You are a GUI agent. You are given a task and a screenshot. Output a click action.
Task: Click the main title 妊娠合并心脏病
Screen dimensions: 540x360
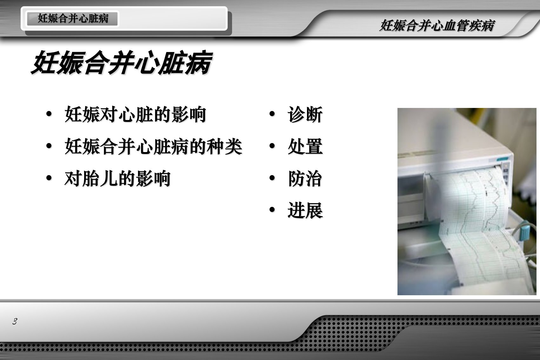point(122,63)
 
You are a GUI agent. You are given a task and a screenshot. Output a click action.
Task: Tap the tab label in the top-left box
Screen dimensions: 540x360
point(73,18)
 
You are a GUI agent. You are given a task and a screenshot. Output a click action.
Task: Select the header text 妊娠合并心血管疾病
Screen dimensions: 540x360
point(437,25)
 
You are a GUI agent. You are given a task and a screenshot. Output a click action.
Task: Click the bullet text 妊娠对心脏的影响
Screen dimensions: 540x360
point(135,114)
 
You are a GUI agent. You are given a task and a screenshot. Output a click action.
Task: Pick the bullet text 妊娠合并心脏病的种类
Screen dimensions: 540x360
point(153,146)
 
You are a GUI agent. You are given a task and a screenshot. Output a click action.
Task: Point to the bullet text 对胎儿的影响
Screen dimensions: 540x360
point(117,178)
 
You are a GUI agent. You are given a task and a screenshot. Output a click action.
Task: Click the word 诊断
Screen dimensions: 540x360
point(305,114)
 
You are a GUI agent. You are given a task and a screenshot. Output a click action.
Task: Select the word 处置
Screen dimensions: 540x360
point(305,146)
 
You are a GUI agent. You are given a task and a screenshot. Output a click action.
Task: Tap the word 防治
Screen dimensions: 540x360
point(305,178)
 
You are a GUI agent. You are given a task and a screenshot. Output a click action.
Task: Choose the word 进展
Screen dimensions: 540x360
point(305,210)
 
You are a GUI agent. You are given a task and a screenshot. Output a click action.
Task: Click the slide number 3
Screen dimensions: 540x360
point(15,321)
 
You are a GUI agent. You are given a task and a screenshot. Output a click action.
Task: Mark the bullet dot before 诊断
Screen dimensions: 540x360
point(272,114)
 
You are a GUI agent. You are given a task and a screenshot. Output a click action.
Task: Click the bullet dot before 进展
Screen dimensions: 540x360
point(272,210)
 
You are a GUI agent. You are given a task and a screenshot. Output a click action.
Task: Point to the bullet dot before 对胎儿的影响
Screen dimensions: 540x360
point(49,178)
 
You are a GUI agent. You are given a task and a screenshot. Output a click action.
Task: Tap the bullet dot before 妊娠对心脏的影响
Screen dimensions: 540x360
point(49,114)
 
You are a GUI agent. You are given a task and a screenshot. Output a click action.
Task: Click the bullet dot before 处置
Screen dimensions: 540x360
point(272,146)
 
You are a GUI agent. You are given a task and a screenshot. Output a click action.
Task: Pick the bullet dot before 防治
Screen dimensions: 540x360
point(272,178)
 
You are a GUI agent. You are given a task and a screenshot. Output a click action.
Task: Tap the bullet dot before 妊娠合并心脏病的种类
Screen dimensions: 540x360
point(49,146)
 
